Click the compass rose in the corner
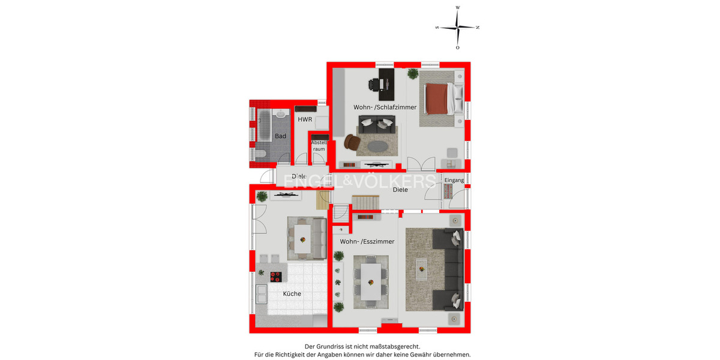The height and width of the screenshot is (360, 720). (x=458, y=28)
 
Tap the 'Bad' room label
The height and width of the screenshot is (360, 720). (x=280, y=136)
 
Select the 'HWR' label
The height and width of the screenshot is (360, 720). (x=305, y=119)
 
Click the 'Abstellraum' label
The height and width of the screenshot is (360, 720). (x=319, y=145)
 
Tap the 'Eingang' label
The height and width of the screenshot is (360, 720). (x=454, y=180)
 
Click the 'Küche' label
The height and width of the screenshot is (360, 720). (x=292, y=294)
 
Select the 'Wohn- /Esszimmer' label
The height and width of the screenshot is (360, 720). (x=367, y=241)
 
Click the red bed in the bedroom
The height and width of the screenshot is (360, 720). (x=437, y=98)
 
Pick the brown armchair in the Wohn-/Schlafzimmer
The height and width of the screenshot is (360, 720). (x=352, y=142)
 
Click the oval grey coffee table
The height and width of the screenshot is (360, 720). (x=378, y=146)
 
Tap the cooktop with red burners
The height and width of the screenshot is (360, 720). (x=277, y=277)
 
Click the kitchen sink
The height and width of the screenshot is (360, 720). (x=262, y=294)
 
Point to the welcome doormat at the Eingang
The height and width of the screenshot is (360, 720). (x=448, y=191)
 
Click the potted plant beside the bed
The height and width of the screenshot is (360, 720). (x=413, y=74)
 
